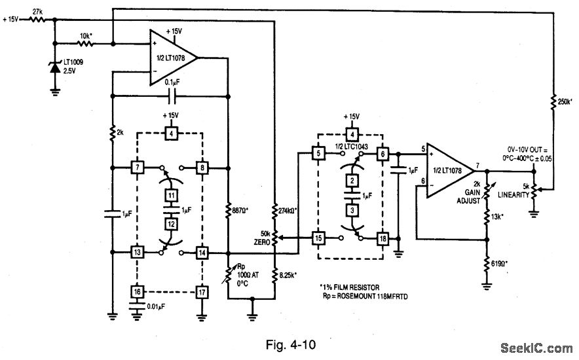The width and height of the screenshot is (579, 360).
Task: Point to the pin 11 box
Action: coord(170,196)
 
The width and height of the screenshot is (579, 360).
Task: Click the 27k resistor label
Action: coord(37,11)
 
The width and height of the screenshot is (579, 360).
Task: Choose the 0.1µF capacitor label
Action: coord(171,83)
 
